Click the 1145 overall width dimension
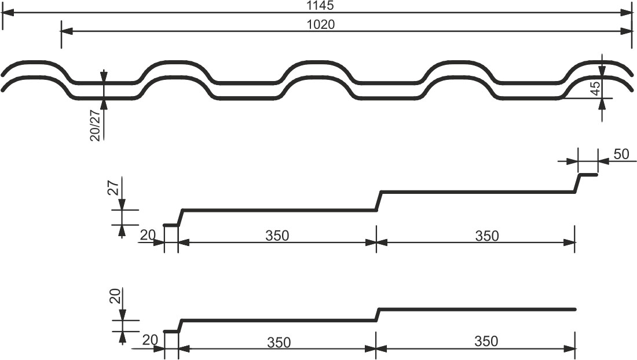[320, 5]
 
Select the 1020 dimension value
[321, 24]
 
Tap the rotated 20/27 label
[94, 126]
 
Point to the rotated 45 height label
[595, 88]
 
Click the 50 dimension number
[621, 154]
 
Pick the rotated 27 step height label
[114, 188]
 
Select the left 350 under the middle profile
[277, 236]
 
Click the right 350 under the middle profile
[486, 236]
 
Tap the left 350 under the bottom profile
[279, 343]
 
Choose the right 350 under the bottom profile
[486, 341]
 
